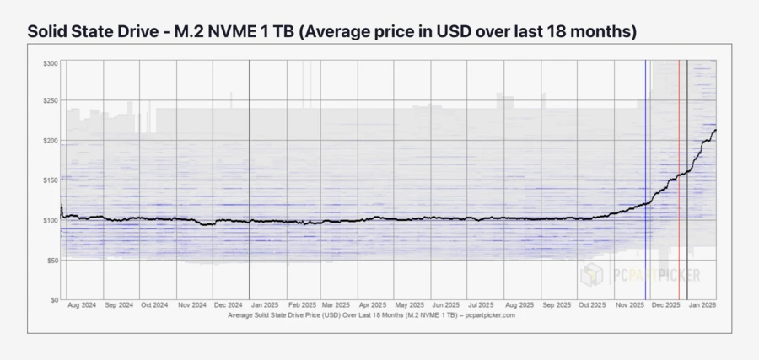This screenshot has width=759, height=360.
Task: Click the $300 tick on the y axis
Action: tap(51, 63)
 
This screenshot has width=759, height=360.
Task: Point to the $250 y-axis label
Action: tap(51, 101)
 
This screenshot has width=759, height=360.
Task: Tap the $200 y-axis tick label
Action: tap(51, 141)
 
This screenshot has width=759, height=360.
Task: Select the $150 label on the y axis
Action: tap(51, 180)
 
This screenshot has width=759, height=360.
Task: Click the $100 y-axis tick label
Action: tap(51, 219)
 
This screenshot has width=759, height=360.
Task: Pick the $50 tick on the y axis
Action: tap(52, 260)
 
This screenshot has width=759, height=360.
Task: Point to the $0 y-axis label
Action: tap(54, 299)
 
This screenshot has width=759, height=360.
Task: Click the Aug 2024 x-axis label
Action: tap(82, 304)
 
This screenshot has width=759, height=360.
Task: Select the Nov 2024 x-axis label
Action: tap(193, 304)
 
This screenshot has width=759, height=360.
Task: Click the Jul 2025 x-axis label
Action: tap(482, 304)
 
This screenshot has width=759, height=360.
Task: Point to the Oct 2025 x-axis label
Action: tap(592, 304)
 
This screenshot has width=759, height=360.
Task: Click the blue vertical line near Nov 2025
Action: tap(646, 169)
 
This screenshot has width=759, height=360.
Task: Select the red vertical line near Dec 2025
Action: tap(680, 169)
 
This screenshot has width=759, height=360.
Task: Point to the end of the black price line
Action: tap(716, 130)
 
